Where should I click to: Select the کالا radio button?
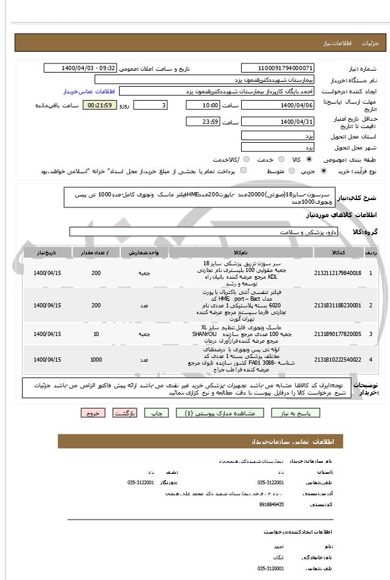(309, 159)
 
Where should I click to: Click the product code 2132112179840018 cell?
(337, 273)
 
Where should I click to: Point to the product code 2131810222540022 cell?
(337, 360)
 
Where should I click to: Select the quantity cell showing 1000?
(96, 360)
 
